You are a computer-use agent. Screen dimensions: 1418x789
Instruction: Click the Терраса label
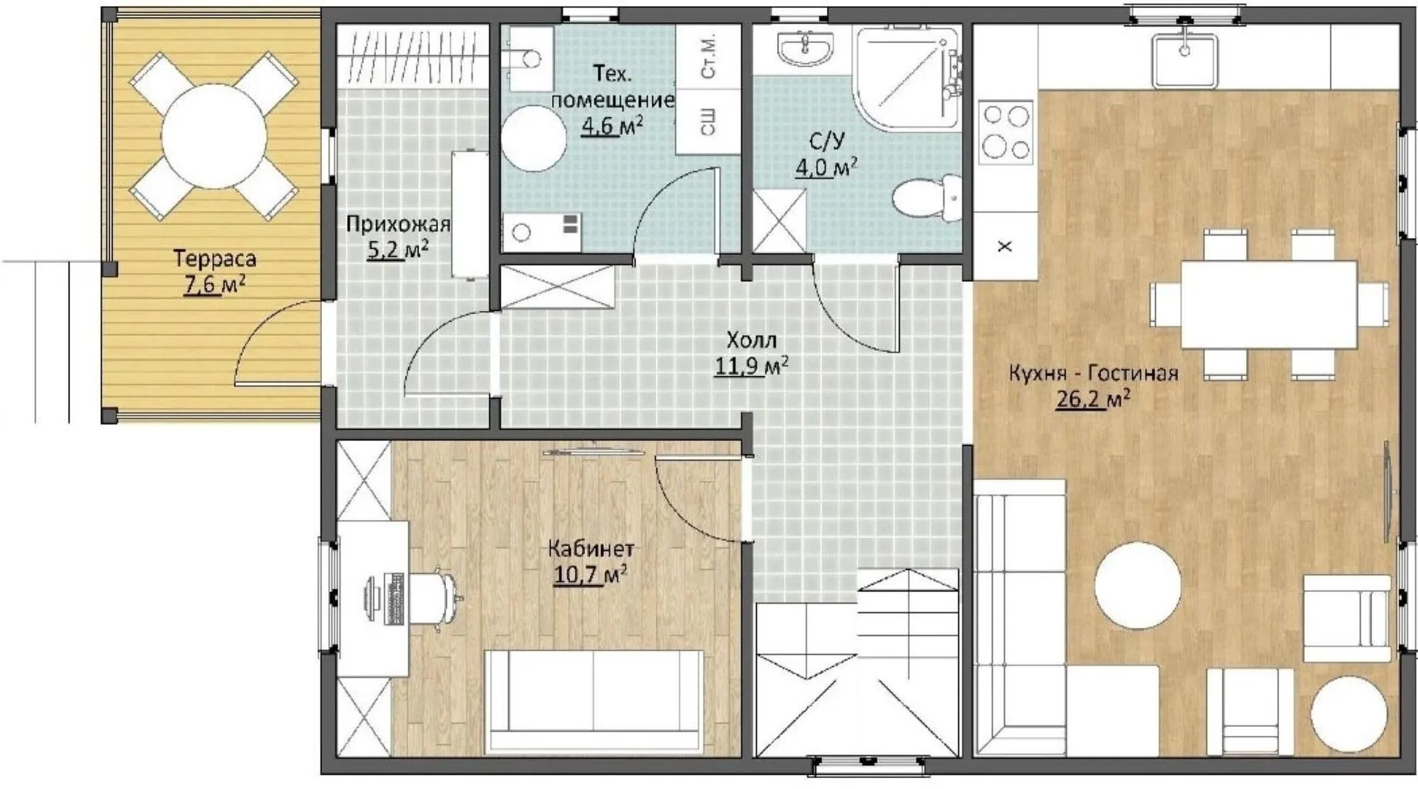pos(215,259)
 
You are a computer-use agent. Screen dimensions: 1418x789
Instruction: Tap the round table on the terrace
pos(213,136)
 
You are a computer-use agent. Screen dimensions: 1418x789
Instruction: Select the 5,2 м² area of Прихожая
pos(397,250)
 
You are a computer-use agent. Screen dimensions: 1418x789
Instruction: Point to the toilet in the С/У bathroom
pos(927,197)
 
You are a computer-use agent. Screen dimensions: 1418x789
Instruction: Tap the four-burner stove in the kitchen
pos(1006,133)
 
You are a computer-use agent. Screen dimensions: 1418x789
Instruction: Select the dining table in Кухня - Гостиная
pos(1269,304)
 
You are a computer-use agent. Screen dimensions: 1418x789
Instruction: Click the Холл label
pos(752,341)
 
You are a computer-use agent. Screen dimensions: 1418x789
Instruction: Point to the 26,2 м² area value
pos(1093,400)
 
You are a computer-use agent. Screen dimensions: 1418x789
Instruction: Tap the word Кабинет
pos(591,549)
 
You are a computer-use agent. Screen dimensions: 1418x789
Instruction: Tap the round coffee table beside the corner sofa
pos(1137,586)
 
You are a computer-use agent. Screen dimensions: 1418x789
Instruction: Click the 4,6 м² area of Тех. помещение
pos(612,126)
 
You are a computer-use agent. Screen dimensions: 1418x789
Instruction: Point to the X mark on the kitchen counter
pos(1004,246)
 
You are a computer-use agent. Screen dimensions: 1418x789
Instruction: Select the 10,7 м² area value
pos(590,574)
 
